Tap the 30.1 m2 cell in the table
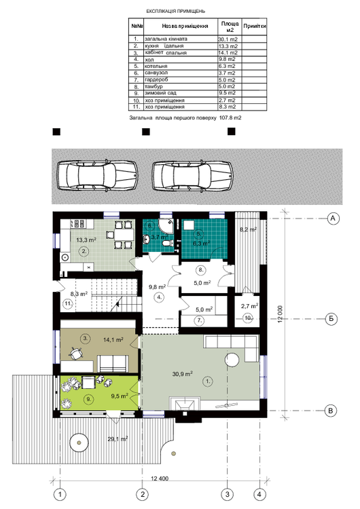coord(227,39)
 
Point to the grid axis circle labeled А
coord(333,218)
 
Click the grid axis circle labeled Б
coord(333,317)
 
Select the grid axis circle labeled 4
coord(258,493)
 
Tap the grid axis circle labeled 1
coord(61,493)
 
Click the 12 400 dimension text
coord(160,480)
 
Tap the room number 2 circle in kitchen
coord(84,250)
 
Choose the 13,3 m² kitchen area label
coord(86,240)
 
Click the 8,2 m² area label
coord(248,230)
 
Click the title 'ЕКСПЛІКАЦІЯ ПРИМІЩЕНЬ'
coord(180,12)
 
